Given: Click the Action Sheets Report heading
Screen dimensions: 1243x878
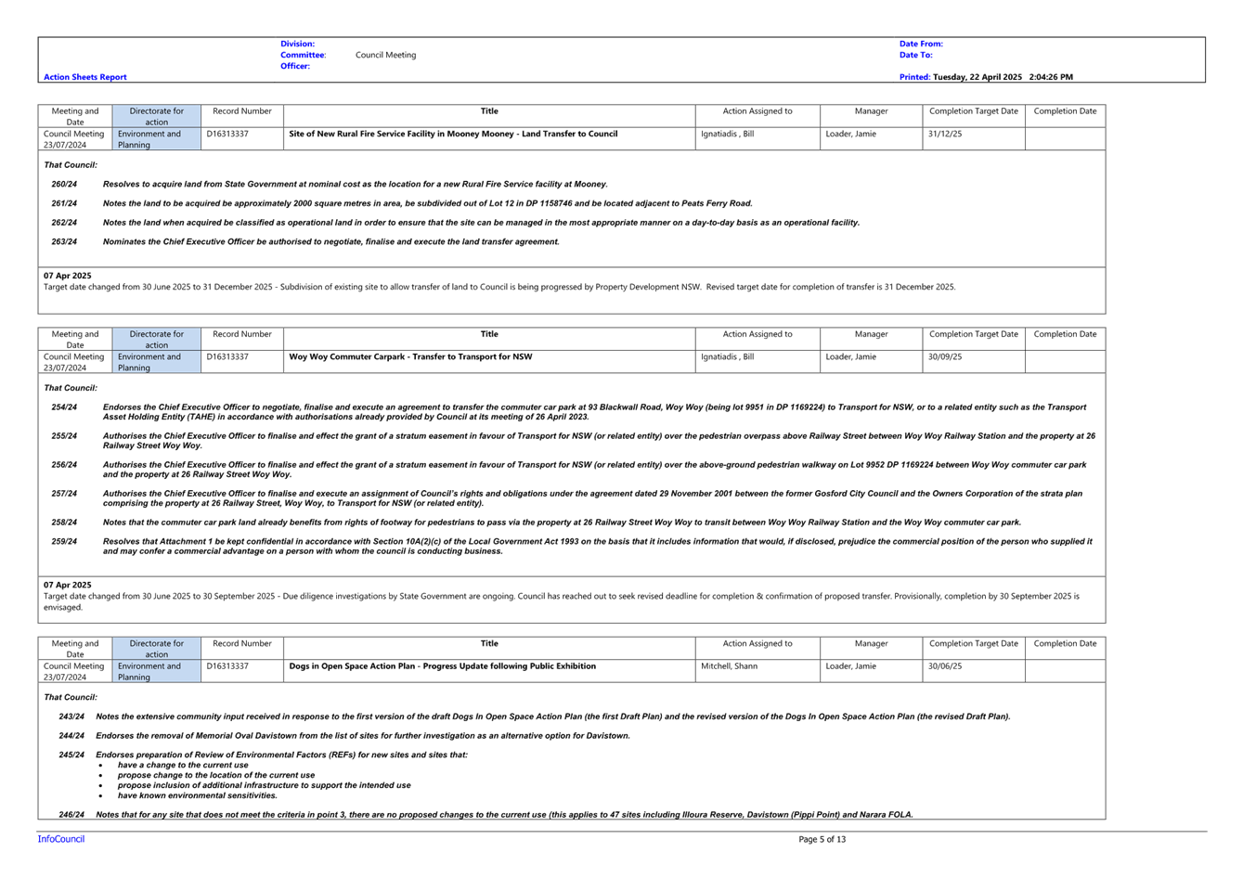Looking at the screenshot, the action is pos(84,77).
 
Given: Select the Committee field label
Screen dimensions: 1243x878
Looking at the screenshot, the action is pos(303,55).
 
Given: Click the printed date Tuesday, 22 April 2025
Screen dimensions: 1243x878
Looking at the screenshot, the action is pos(978,77).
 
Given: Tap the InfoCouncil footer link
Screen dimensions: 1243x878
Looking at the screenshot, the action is pos(61,839).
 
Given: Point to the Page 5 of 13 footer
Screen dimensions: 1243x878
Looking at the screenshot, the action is pos(822,839).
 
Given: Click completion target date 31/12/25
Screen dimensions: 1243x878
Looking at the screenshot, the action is pos(945,134).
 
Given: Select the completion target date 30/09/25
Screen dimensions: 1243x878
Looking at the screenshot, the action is pos(945,356).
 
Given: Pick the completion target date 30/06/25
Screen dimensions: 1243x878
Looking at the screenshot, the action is pos(945,666).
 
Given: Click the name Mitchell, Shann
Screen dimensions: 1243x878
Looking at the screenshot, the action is pos(729,666).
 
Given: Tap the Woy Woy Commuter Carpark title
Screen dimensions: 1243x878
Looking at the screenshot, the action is pos(410,356).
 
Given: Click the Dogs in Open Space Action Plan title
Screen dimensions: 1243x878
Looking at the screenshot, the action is pos(442,666).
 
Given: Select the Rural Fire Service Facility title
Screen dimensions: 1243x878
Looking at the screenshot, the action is pos(453,134).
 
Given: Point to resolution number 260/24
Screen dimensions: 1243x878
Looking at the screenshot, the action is pos(64,184).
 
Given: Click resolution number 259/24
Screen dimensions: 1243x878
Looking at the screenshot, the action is pos(64,541).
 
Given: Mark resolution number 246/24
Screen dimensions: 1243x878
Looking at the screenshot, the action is pos(71,814).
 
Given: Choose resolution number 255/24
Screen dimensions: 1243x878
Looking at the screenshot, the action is pos(64,436).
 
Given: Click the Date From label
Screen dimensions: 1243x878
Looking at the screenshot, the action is pos(921,44).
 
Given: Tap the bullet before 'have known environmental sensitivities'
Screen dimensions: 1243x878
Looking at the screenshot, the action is pos(101,796).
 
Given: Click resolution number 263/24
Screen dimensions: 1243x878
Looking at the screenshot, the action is pos(64,242).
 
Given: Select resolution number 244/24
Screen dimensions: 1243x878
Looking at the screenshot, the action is pos(71,735).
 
